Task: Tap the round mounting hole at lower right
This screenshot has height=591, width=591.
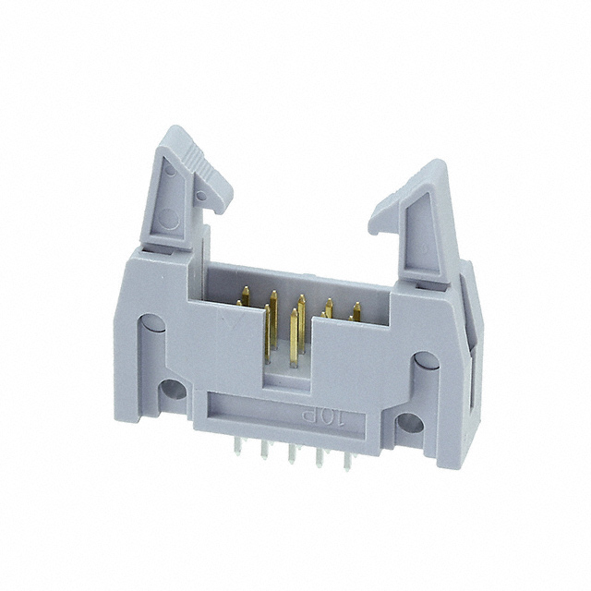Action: (x=409, y=424)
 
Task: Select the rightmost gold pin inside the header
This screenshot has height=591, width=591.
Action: (x=356, y=312)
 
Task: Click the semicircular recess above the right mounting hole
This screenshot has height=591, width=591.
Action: (x=426, y=363)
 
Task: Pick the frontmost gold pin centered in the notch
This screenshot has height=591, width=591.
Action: (x=294, y=337)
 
